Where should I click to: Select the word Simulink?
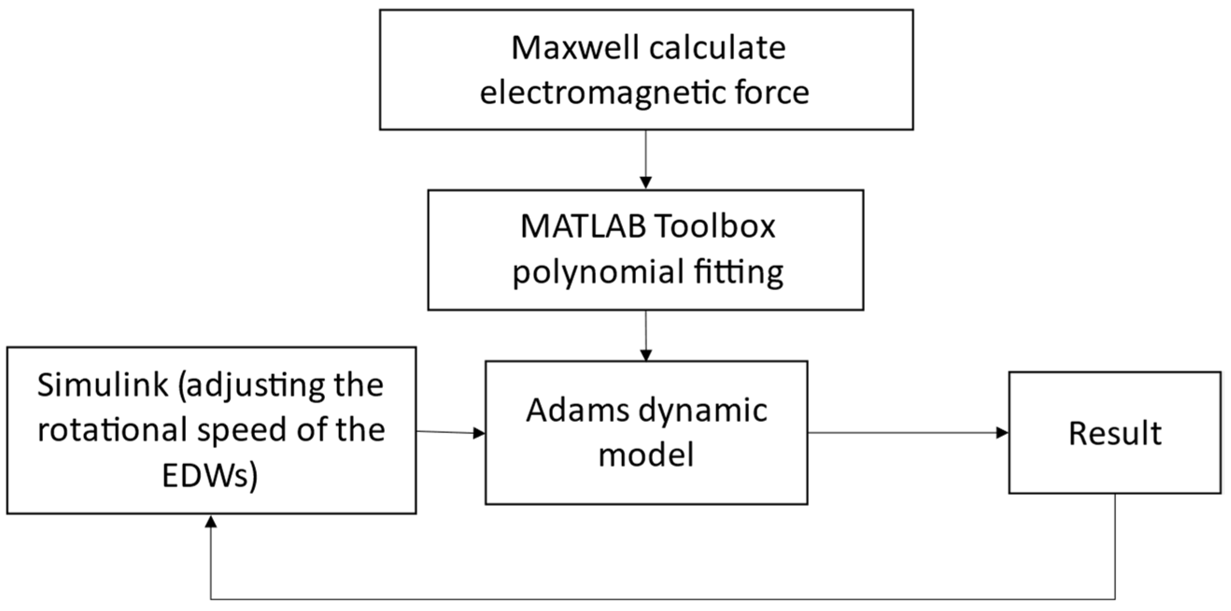click(x=103, y=385)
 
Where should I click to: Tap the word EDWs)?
click(x=210, y=476)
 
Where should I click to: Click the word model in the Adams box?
click(x=646, y=454)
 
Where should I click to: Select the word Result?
click(x=1115, y=434)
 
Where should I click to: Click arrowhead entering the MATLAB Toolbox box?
click(x=646, y=183)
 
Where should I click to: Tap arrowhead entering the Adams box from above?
click(x=646, y=355)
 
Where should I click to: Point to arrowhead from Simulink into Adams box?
click(x=479, y=433)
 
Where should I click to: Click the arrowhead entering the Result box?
click(x=1002, y=433)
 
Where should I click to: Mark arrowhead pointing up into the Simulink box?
click(x=211, y=522)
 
